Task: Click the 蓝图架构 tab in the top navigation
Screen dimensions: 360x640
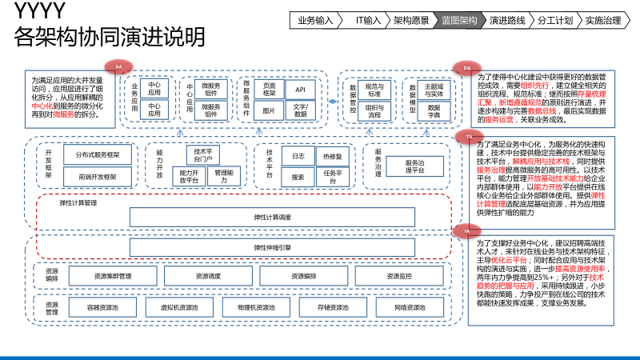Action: (459, 20)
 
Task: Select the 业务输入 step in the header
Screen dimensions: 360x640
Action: (315, 20)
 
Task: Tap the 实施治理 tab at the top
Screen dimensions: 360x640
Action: (603, 20)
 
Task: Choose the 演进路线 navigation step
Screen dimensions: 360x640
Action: (507, 20)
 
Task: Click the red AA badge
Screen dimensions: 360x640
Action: (118, 66)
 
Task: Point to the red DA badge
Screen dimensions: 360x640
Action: (467, 69)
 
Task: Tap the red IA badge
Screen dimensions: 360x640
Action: (467, 230)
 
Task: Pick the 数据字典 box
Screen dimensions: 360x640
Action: (434, 110)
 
